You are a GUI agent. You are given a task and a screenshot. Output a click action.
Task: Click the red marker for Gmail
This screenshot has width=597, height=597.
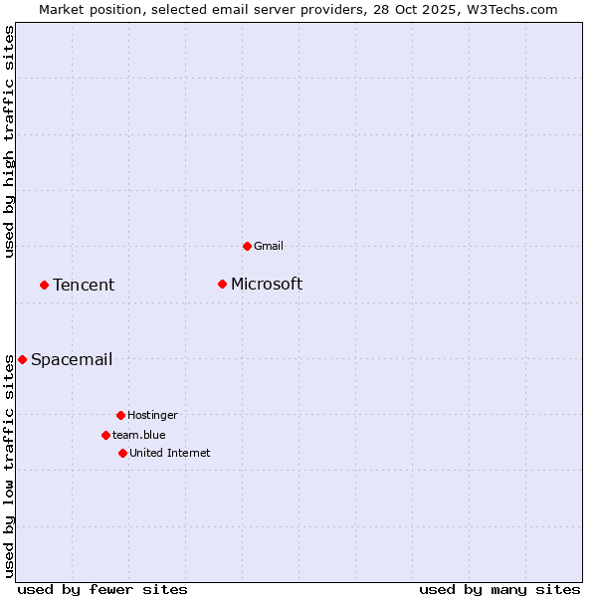pyautogui.click(x=247, y=246)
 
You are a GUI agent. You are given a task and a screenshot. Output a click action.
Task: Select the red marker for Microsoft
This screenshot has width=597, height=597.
pyautogui.click(x=223, y=285)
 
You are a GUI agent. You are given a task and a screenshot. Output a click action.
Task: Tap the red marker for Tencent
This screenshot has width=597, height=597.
pyautogui.click(x=44, y=286)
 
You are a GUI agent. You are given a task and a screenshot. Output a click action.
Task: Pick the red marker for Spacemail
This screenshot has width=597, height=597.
pyautogui.click(x=22, y=359)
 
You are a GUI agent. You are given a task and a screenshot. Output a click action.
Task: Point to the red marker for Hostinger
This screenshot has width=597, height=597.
pyautogui.click(x=120, y=415)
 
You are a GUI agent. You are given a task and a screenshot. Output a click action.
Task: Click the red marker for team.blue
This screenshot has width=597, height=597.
pyautogui.click(x=105, y=435)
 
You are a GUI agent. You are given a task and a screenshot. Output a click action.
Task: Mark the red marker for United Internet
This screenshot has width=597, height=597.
pyautogui.click(x=122, y=453)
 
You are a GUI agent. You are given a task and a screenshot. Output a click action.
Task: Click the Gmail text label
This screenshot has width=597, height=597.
pyautogui.click(x=269, y=246)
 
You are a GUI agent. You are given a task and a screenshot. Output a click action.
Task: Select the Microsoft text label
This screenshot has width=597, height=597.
pyautogui.click(x=267, y=285)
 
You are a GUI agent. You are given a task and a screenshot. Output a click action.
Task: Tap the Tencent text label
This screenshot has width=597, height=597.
pyautogui.click(x=84, y=286)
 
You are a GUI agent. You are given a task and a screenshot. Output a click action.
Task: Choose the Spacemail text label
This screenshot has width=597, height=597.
pyautogui.click(x=72, y=360)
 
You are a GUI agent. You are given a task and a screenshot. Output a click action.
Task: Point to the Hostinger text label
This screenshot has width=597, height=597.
pyautogui.click(x=152, y=415)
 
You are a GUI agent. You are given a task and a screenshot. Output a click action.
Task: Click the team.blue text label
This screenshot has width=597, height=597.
pyautogui.click(x=139, y=435)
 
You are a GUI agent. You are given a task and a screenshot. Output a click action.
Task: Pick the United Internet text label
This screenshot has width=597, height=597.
pyautogui.click(x=169, y=453)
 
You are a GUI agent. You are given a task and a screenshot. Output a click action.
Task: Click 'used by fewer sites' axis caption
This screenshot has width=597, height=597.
pyautogui.click(x=102, y=589)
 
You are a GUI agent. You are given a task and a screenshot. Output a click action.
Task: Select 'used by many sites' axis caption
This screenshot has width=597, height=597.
pyautogui.click(x=499, y=589)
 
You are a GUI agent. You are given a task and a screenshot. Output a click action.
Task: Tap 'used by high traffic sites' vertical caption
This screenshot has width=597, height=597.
pyautogui.click(x=9, y=141)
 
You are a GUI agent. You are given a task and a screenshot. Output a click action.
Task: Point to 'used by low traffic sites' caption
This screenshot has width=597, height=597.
pyautogui.click(x=9, y=466)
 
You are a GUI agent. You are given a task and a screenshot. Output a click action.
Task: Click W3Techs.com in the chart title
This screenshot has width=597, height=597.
pyautogui.click(x=510, y=9)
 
